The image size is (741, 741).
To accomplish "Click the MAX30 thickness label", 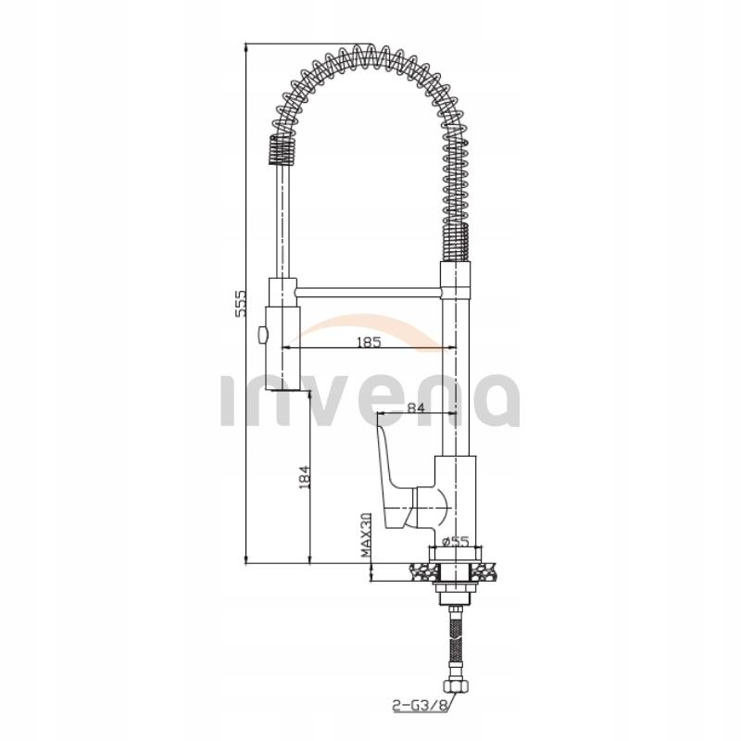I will click(x=368, y=536).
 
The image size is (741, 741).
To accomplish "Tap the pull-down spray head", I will click(x=280, y=333).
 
